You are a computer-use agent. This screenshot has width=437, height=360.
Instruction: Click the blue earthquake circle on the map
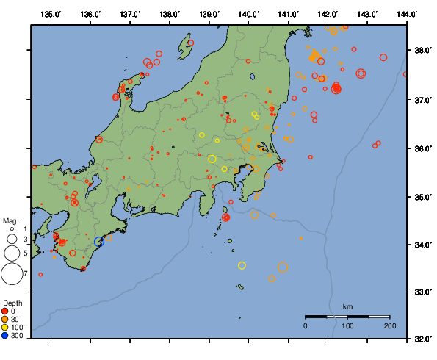(x=99, y=241)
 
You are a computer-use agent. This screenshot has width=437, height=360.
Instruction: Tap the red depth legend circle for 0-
(x=5, y=312)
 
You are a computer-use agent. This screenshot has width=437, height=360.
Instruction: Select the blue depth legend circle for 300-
(x=5, y=336)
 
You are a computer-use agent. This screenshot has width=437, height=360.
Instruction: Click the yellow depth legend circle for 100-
(x=5, y=328)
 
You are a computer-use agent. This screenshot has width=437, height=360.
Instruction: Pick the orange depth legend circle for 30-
(x=5, y=320)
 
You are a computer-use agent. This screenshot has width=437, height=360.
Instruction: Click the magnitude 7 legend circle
(x=11, y=274)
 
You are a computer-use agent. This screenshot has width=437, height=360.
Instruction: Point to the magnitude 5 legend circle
(x=11, y=253)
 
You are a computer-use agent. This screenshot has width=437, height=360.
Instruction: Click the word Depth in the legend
(x=12, y=303)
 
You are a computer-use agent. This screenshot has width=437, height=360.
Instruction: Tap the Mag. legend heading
(x=10, y=220)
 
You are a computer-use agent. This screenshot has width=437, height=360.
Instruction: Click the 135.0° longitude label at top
(x=51, y=14)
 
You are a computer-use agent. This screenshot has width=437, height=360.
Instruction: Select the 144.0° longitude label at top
(x=406, y=14)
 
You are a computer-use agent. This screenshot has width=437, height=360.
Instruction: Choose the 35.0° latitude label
(x=422, y=196)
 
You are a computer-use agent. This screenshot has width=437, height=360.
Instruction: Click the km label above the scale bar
(x=347, y=306)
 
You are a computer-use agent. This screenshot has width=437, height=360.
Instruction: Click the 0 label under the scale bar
(x=306, y=325)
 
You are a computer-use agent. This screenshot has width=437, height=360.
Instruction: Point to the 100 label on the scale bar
(x=347, y=325)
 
